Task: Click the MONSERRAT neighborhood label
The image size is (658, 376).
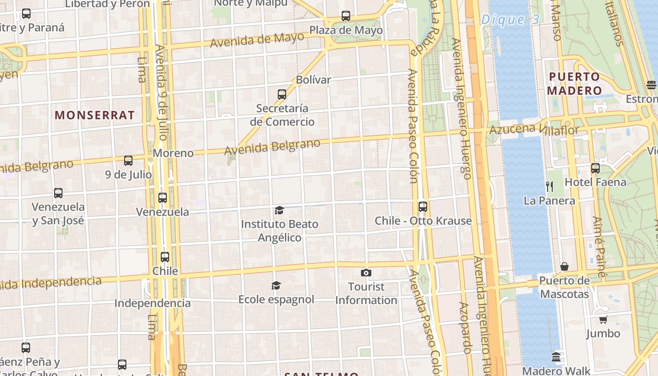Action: coord(94,115)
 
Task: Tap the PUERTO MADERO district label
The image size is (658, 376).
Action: coord(574,84)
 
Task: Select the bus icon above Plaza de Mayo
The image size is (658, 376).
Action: coord(346,16)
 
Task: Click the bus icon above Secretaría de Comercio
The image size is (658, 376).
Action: coord(282,94)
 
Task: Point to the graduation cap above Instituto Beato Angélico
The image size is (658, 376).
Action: coord(280,210)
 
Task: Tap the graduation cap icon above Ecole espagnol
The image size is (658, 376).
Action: coord(276,285)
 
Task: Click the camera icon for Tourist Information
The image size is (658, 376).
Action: coord(366,273)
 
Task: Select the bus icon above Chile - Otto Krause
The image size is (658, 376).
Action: coord(423,207)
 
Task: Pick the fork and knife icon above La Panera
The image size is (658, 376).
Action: coord(549,187)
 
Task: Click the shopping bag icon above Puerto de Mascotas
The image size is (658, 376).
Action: coord(564,267)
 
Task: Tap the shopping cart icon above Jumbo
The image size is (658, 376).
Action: coord(603,320)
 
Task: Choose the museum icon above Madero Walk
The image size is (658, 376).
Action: coord(556,357)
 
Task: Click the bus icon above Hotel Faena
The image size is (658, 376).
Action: coord(595,168)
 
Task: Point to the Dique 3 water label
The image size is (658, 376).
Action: coord(510,20)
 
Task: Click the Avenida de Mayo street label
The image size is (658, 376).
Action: coord(257,40)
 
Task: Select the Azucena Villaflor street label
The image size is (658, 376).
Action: coord(534,129)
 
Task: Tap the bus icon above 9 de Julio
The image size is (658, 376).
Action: coord(128,161)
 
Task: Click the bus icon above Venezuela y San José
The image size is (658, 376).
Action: coord(58,193)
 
